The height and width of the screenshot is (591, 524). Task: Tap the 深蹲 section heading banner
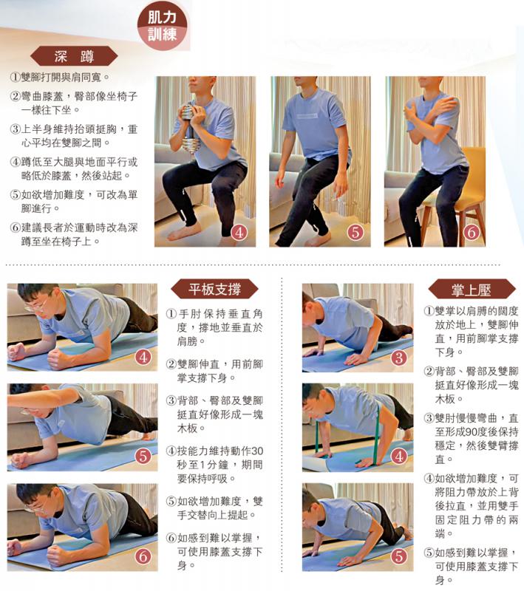click(74, 56)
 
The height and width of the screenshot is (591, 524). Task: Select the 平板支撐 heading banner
click(215, 288)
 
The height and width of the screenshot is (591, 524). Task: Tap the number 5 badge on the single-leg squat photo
click(355, 231)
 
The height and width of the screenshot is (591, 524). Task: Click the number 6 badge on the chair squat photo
click(472, 231)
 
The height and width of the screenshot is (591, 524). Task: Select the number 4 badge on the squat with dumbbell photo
click(239, 231)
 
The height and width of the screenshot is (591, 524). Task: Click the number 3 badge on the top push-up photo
click(399, 358)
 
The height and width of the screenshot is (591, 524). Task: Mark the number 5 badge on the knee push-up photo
click(399, 556)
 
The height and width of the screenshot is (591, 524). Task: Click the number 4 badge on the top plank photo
click(143, 358)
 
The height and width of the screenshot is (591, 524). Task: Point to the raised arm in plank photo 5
click(37, 403)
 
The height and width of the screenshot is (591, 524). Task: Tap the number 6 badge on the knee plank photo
click(143, 556)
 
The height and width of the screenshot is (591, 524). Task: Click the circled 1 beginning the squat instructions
click(15, 77)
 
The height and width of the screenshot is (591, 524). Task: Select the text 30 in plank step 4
click(256, 451)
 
